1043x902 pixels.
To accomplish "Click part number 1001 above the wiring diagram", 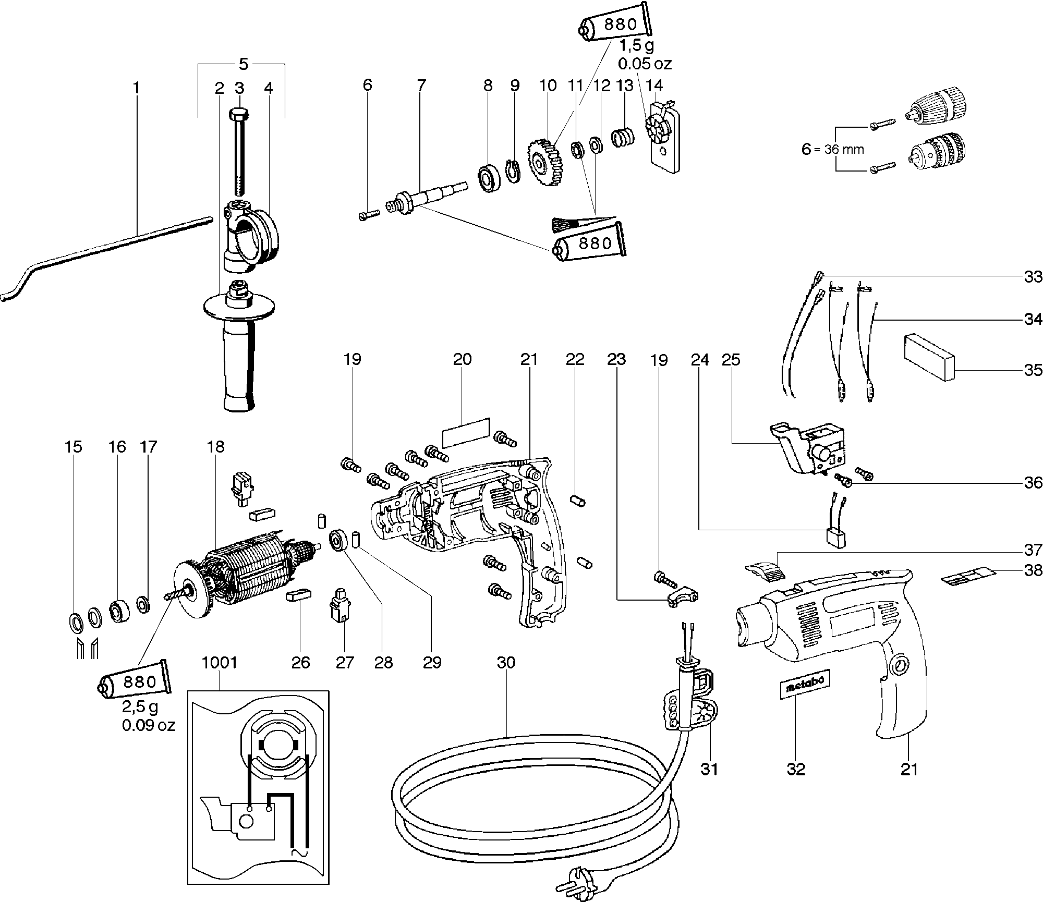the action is point(219,663).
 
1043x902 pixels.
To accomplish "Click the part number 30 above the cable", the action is point(506,663).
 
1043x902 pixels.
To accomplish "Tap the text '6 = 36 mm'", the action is point(833,149).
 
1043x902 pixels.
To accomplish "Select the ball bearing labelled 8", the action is point(490,177).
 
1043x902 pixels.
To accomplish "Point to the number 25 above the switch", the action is point(731,359).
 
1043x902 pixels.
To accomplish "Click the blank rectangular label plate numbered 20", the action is point(466,432).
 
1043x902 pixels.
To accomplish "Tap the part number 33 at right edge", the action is point(1033,276).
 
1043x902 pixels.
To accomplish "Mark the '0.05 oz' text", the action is point(645,64).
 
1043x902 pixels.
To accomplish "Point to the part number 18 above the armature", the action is point(215,446).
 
